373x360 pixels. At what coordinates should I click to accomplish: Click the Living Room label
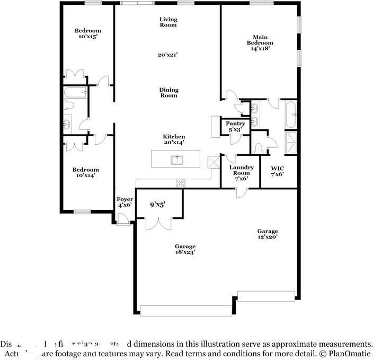168,22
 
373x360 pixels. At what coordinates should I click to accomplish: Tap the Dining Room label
168,93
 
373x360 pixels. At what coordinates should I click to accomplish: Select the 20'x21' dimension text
168,55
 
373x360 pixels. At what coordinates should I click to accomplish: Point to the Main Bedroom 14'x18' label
260,42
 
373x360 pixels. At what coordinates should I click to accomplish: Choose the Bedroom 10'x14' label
86,172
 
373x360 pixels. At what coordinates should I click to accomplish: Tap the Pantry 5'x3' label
235,126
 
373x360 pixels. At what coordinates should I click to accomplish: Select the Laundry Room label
241,173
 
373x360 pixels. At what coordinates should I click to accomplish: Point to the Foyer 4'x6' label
125,201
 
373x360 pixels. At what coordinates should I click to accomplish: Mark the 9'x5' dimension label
157,204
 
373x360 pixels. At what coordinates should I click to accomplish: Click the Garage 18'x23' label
185,249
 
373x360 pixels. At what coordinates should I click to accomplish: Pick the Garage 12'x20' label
267,234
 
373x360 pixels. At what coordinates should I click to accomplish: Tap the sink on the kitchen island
176,159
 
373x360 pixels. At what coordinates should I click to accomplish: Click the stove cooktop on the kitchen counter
181,183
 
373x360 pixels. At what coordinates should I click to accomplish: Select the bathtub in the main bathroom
291,115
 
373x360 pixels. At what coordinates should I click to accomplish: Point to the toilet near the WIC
260,146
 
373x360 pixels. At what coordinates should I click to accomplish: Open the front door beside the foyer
123,218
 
